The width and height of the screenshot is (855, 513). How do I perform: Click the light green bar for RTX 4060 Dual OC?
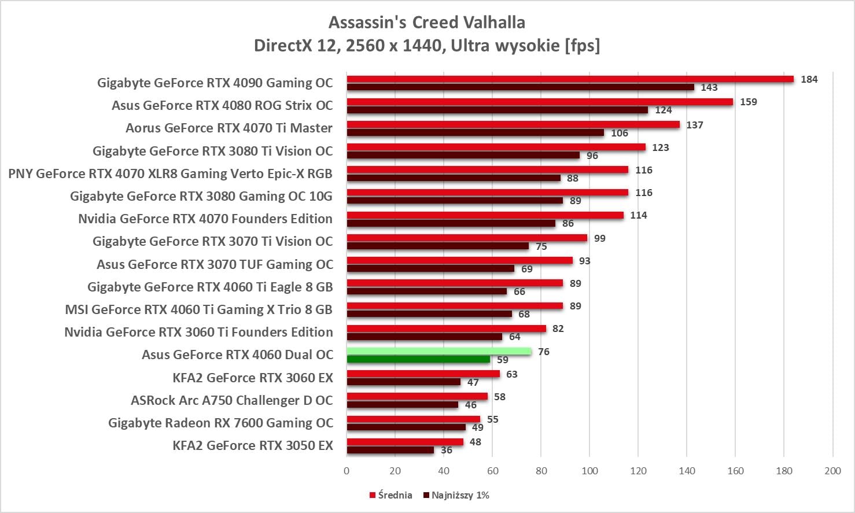point(438,351)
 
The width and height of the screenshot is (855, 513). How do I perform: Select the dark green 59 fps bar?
point(418,359)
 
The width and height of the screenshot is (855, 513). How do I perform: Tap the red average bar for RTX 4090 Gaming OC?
point(570,79)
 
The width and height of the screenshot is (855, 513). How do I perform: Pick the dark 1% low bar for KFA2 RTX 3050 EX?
point(390,450)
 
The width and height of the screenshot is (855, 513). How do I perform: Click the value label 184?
point(809,79)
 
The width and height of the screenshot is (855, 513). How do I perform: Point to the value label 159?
point(748,102)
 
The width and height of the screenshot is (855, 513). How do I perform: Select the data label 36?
point(447,450)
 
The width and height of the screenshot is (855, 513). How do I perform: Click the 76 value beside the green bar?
point(543,352)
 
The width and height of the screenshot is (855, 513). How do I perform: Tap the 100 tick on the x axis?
point(589,471)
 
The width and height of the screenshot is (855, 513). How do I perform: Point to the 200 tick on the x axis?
point(832,471)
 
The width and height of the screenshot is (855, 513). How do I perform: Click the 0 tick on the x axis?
point(347,471)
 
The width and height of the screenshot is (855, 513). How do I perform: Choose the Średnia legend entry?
point(391,495)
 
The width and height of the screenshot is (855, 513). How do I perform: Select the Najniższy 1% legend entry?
point(456,495)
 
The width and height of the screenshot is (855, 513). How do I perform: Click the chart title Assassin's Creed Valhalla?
point(427,23)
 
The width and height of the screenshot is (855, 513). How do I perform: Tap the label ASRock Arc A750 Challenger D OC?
point(232,400)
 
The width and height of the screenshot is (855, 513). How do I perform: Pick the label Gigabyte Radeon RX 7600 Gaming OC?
point(220,423)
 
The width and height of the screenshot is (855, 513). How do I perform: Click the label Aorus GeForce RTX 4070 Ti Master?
point(229,128)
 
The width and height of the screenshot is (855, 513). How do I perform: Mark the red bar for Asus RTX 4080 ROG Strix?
point(539,102)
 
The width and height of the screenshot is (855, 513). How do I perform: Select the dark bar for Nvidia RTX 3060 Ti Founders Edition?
point(424,337)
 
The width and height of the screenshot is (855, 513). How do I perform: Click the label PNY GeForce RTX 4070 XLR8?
point(170,174)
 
